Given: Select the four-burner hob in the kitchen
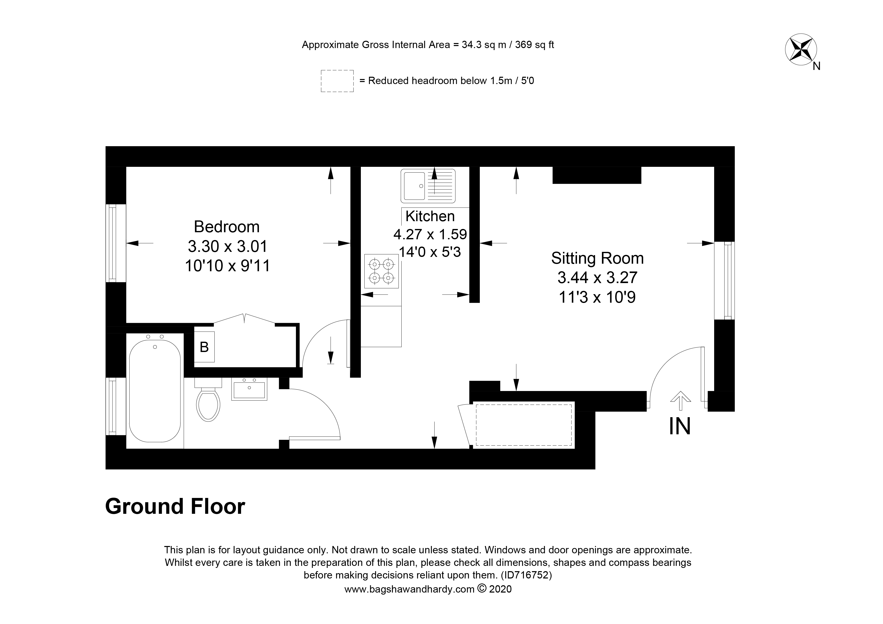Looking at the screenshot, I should pyautogui.click(x=381, y=271).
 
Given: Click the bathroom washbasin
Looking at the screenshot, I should pyautogui.click(x=249, y=390).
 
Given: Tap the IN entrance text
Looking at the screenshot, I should pyautogui.click(x=680, y=426).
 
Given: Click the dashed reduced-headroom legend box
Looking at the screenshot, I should pyautogui.click(x=337, y=81).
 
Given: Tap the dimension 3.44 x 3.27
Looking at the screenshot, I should pyautogui.click(x=597, y=278).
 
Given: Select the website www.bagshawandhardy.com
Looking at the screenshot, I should pyautogui.click(x=409, y=589).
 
